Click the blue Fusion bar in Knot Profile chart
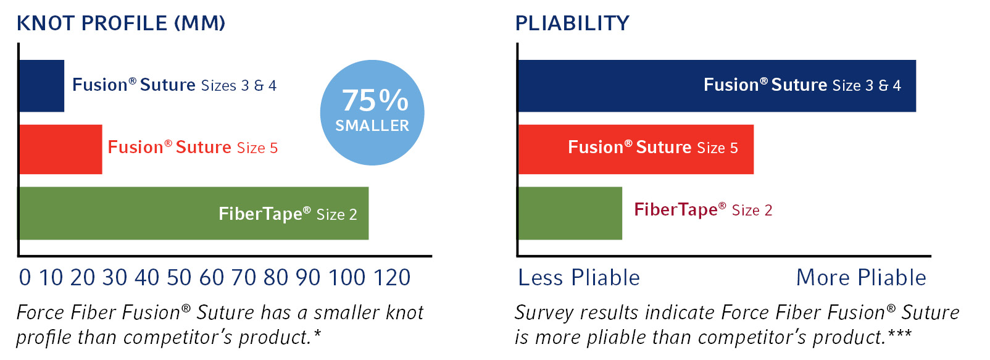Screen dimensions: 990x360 click(x=41, y=86)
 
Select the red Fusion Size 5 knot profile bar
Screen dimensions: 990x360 click(x=60, y=149)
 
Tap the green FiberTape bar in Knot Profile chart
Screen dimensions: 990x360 click(x=193, y=213)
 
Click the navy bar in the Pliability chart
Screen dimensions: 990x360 click(x=717, y=86)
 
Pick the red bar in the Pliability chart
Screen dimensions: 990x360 click(x=636, y=149)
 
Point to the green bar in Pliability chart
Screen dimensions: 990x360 click(x=570, y=213)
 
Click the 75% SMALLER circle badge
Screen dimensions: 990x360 click(x=372, y=113)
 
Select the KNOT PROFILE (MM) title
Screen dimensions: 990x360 click(x=121, y=23)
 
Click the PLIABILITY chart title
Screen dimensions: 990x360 click(x=572, y=23)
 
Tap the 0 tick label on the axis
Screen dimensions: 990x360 click(x=25, y=278)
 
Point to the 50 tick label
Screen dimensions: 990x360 click(x=179, y=278)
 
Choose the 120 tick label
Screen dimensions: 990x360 click(x=392, y=278)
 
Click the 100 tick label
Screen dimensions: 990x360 click(x=347, y=278)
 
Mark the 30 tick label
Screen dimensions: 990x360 click(x=115, y=278)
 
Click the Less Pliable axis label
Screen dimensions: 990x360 click(x=579, y=278)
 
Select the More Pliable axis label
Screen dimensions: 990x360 click(x=862, y=278)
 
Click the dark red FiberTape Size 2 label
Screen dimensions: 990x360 click(x=703, y=209)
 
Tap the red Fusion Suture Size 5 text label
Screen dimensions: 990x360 click(x=193, y=147)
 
